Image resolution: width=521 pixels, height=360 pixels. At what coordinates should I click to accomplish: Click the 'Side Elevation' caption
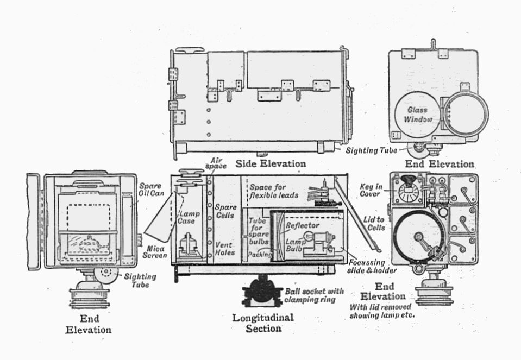click(x=271, y=163)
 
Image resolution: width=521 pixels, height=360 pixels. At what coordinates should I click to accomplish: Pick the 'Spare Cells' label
click(x=225, y=211)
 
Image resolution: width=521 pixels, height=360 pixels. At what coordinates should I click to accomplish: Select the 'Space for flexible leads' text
click(x=275, y=190)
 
